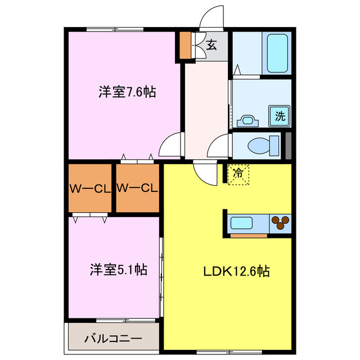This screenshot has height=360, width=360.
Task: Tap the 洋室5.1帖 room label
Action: [119, 270]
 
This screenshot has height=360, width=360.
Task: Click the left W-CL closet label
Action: [90, 188]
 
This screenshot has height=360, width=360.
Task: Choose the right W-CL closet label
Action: [137, 188]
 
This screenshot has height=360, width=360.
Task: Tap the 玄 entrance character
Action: [211, 46]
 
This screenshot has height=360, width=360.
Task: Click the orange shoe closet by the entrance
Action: [184, 46]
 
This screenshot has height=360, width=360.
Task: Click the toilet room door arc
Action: [219, 148]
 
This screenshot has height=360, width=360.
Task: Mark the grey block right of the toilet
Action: [289, 145]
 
